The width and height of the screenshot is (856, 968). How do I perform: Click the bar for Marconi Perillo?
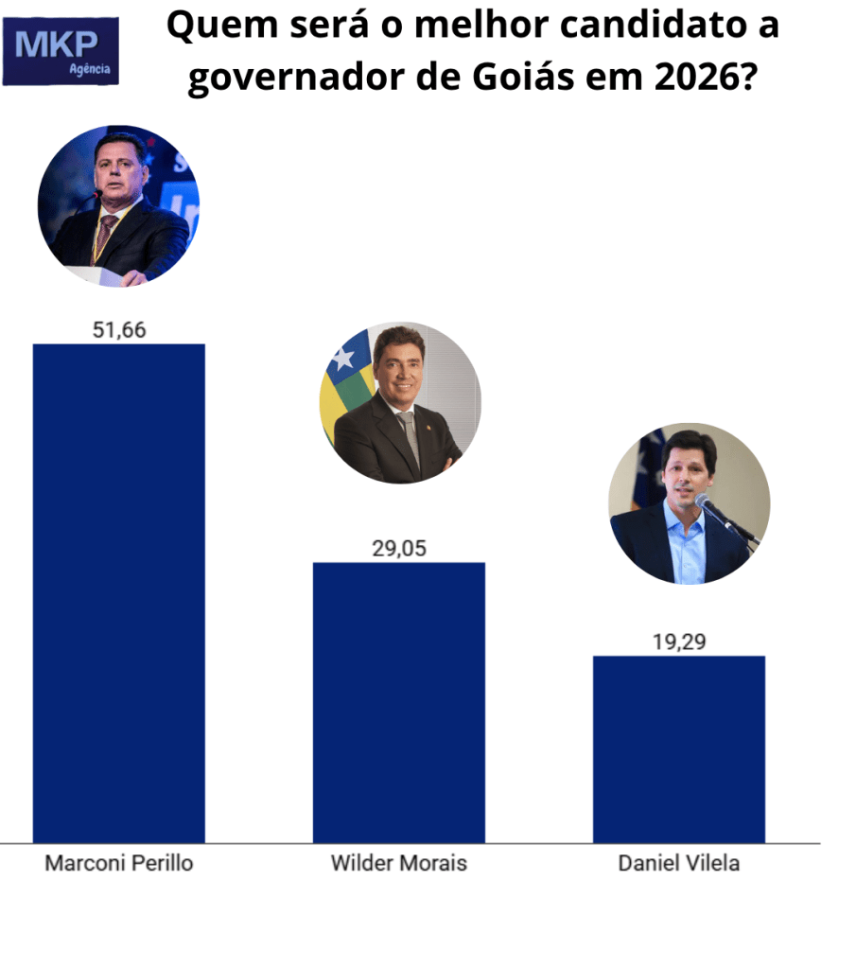pos(118,592)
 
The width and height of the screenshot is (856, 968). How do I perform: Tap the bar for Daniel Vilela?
pos(678,748)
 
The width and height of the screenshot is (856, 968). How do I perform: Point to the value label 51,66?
pos(119,329)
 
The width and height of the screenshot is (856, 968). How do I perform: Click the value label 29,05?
pos(398,549)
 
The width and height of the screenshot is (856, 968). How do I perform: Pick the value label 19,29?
pos(678,642)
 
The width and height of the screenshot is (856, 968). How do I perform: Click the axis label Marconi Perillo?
pos(119,863)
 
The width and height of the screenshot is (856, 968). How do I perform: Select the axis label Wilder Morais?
pos(398,863)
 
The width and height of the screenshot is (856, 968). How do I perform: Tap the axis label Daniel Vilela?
pos(678,863)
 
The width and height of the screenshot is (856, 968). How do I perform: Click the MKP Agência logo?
pos(61,51)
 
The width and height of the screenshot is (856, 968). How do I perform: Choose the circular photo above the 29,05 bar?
pos(400,402)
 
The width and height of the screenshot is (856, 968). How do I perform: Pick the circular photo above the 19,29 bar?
pos(689,502)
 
